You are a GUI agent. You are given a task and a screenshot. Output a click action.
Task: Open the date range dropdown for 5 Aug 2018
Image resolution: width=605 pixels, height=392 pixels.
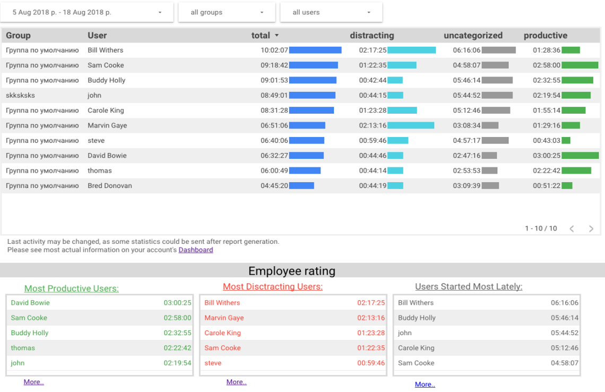(x=88, y=12)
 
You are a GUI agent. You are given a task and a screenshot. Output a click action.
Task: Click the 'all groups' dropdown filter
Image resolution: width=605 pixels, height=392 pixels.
(x=227, y=12)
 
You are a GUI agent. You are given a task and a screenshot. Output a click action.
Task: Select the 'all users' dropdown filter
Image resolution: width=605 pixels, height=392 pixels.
(x=331, y=12)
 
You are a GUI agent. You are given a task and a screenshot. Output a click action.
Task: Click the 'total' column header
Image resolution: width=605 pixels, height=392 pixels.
(x=261, y=36)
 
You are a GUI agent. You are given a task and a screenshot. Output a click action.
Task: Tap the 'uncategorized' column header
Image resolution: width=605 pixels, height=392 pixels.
(x=473, y=36)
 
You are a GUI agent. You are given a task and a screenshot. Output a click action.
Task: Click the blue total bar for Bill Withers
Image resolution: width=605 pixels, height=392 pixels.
(x=315, y=50)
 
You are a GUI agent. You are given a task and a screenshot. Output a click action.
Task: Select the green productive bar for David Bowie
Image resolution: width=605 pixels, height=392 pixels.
(x=580, y=156)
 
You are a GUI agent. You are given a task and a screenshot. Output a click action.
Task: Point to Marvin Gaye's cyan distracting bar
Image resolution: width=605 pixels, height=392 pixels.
(x=411, y=126)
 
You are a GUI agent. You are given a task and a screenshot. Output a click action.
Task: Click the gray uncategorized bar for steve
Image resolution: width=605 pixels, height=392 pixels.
(x=495, y=141)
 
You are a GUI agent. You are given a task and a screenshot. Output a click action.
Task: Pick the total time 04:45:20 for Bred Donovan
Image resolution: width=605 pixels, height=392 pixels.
(x=274, y=186)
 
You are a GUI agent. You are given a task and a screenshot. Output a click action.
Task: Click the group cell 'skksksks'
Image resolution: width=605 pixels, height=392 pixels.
(x=21, y=96)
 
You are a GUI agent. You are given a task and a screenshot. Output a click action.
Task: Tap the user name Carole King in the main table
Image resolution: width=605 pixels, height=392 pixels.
(x=106, y=110)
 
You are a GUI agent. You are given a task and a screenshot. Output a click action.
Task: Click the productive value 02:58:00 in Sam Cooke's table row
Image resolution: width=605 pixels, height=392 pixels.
(x=547, y=65)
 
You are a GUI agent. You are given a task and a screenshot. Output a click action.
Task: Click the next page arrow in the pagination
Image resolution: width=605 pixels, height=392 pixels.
(x=591, y=229)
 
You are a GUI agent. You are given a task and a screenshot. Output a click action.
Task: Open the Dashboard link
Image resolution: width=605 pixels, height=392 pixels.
(x=196, y=250)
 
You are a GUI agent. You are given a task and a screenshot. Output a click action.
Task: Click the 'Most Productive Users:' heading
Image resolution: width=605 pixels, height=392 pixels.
(x=72, y=288)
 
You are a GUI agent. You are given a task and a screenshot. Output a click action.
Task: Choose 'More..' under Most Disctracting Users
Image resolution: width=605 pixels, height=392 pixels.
(x=236, y=382)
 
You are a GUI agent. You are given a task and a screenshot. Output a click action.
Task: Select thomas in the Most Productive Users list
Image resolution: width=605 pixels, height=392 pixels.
(x=23, y=348)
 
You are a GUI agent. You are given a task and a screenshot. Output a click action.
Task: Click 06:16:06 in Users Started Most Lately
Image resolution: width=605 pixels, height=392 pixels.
(x=564, y=303)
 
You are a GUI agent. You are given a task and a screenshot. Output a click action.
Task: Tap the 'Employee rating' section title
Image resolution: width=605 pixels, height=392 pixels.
(x=292, y=271)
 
